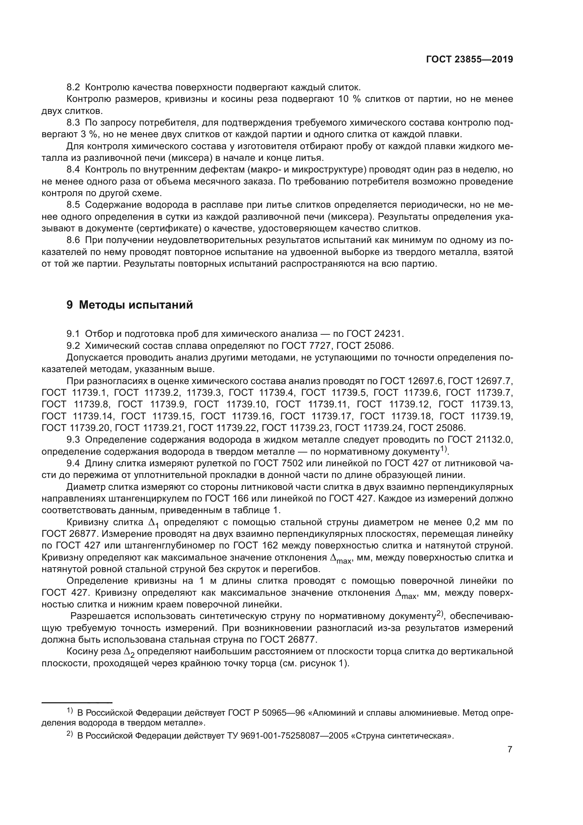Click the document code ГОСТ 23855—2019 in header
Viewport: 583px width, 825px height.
click(x=469, y=60)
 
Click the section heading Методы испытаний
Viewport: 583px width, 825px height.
click(x=136, y=305)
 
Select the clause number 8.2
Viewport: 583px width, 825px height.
click(x=73, y=87)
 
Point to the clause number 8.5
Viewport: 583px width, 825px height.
click(x=73, y=205)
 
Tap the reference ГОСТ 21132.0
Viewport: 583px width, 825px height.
click(x=480, y=440)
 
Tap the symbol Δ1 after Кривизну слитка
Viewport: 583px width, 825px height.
click(x=154, y=523)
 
